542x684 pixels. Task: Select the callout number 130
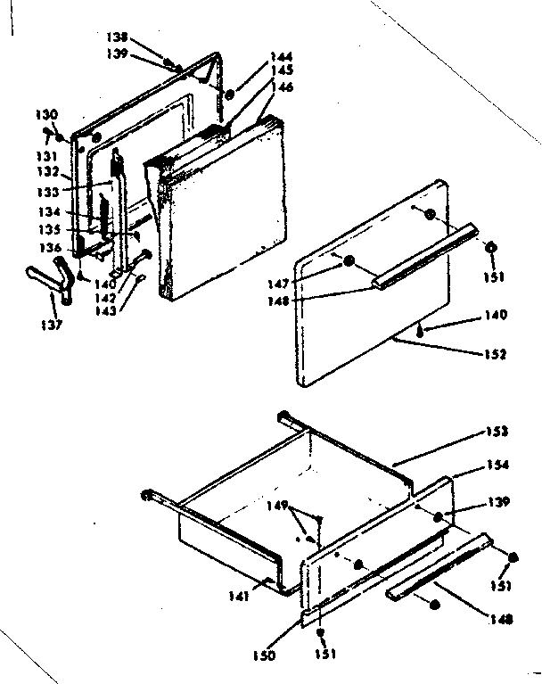click(47, 114)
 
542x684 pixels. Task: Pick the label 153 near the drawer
click(497, 432)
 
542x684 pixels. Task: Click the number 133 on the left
click(49, 191)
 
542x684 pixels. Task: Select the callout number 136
click(50, 248)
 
